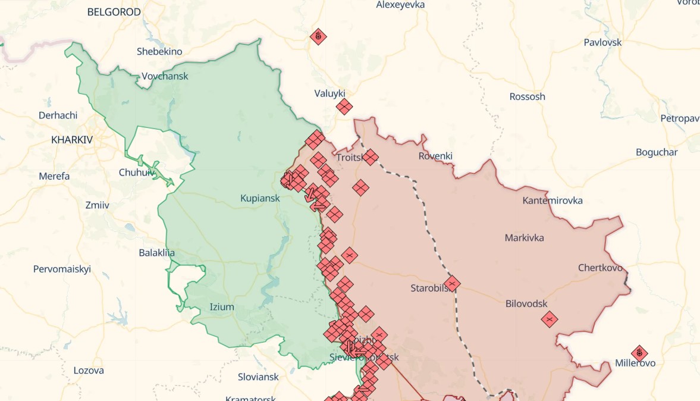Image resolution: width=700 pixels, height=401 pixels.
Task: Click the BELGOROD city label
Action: (114, 12)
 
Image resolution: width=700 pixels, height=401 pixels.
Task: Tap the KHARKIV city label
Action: (72, 140)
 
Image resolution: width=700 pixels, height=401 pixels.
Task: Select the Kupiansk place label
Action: (260, 198)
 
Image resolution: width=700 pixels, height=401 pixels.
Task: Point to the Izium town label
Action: (222, 307)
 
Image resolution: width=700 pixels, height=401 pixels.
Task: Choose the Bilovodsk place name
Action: (526, 303)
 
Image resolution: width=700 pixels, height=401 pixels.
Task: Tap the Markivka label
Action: (524, 238)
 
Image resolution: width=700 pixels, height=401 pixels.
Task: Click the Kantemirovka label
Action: (553, 200)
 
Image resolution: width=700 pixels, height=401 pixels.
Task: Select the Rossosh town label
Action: (527, 96)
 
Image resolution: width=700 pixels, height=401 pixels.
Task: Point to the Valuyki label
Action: (329, 93)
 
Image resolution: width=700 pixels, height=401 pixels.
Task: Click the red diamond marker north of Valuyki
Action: (318, 37)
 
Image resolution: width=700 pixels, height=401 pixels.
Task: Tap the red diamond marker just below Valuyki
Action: (344, 107)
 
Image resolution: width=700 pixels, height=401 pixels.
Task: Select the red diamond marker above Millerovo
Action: (639, 353)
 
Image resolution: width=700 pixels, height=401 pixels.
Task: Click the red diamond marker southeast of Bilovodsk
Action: (549, 319)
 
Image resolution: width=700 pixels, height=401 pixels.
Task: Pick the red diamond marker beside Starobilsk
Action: (452, 284)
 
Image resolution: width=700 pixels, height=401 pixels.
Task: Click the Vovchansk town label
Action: (165, 76)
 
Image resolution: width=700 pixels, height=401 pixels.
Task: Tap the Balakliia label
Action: (157, 253)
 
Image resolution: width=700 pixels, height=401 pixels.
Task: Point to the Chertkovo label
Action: (600, 268)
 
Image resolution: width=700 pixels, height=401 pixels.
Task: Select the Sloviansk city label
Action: (258, 377)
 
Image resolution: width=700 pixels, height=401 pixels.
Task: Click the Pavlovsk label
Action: (602, 42)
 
